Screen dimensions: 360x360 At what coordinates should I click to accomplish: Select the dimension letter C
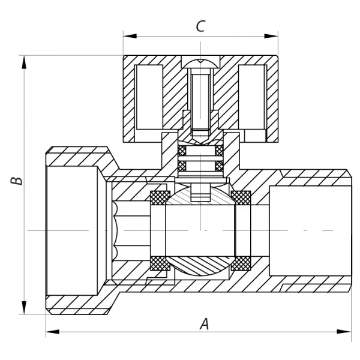click(200, 26)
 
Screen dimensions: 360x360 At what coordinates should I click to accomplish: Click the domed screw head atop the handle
click(200, 63)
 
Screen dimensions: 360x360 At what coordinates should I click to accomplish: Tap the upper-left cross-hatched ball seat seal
click(158, 197)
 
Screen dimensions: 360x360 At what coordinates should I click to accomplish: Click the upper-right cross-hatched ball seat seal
click(241, 197)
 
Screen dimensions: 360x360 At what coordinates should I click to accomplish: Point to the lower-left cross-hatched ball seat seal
click(158, 263)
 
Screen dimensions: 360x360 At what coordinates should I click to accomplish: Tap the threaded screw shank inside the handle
click(200, 99)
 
